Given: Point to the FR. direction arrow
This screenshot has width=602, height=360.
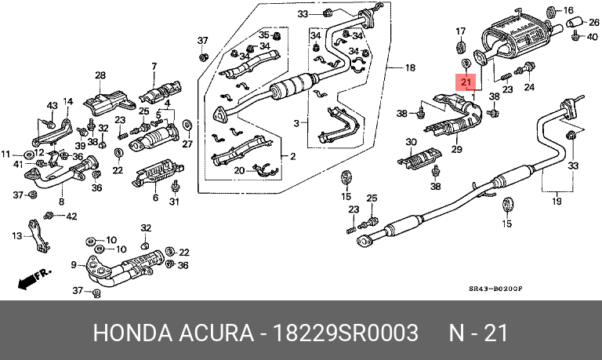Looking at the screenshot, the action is click(x=34, y=277).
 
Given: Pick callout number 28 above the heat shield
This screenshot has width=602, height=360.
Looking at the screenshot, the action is click(x=100, y=76).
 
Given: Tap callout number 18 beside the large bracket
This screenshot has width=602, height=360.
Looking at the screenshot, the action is click(x=410, y=67).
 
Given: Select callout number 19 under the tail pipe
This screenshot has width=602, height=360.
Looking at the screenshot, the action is click(x=557, y=202).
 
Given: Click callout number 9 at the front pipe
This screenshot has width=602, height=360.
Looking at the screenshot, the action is click(x=74, y=264).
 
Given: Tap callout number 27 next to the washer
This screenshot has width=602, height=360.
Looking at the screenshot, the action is click(x=187, y=144).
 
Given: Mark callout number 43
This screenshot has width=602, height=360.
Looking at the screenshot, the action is click(x=53, y=105).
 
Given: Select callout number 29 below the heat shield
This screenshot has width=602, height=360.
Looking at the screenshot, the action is click(x=455, y=150).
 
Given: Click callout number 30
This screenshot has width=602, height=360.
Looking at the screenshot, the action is click(x=412, y=142).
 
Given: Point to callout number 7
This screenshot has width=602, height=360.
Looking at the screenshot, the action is click(x=154, y=66).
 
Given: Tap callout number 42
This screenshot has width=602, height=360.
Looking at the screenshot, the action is click(x=71, y=216).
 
